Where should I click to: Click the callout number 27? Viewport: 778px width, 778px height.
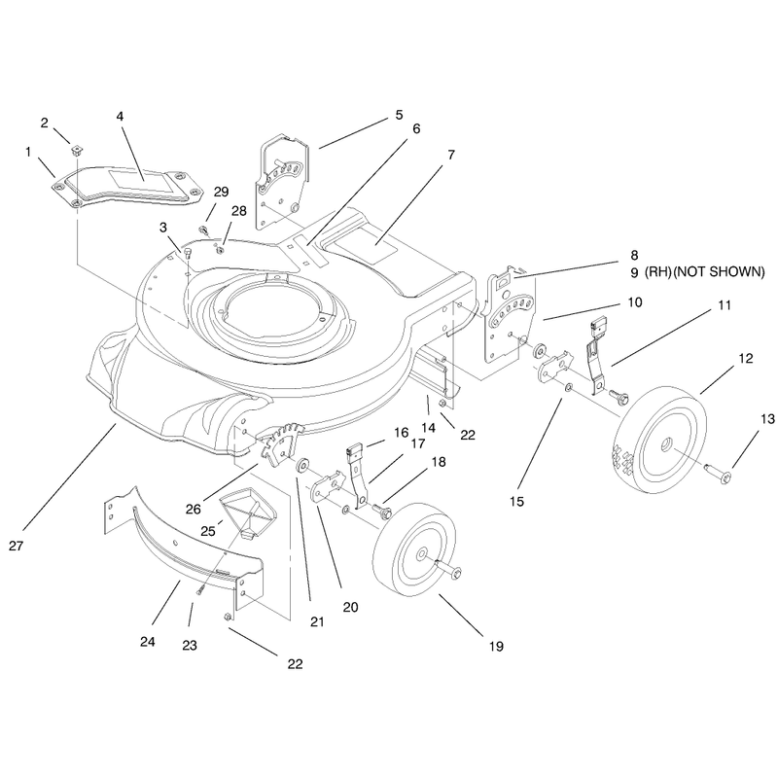click(x=16, y=546)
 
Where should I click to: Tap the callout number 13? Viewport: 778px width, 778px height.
click(x=767, y=419)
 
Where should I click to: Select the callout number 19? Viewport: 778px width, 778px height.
click(x=496, y=646)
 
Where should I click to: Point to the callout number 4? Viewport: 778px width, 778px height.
click(x=120, y=116)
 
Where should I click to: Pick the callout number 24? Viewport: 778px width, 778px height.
click(x=148, y=642)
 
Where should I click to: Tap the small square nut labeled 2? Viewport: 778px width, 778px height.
click(x=76, y=149)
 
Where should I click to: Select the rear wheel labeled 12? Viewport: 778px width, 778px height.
click(x=660, y=439)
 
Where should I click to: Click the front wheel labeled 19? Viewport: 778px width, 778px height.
click(x=415, y=548)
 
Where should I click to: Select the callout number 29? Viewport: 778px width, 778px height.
click(x=222, y=192)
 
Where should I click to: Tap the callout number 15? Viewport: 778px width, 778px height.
click(x=516, y=501)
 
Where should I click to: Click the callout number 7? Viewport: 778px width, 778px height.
click(x=450, y=155)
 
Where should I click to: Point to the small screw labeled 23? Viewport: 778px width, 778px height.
click(x=201, y=589)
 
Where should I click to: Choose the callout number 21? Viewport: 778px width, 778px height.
click(x=317, y=621)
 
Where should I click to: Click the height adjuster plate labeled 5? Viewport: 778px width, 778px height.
click(x=282, y=181)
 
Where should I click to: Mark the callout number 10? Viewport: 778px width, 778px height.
click(x=635, y=302)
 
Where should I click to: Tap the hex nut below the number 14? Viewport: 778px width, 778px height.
click(x=442, y=403)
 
